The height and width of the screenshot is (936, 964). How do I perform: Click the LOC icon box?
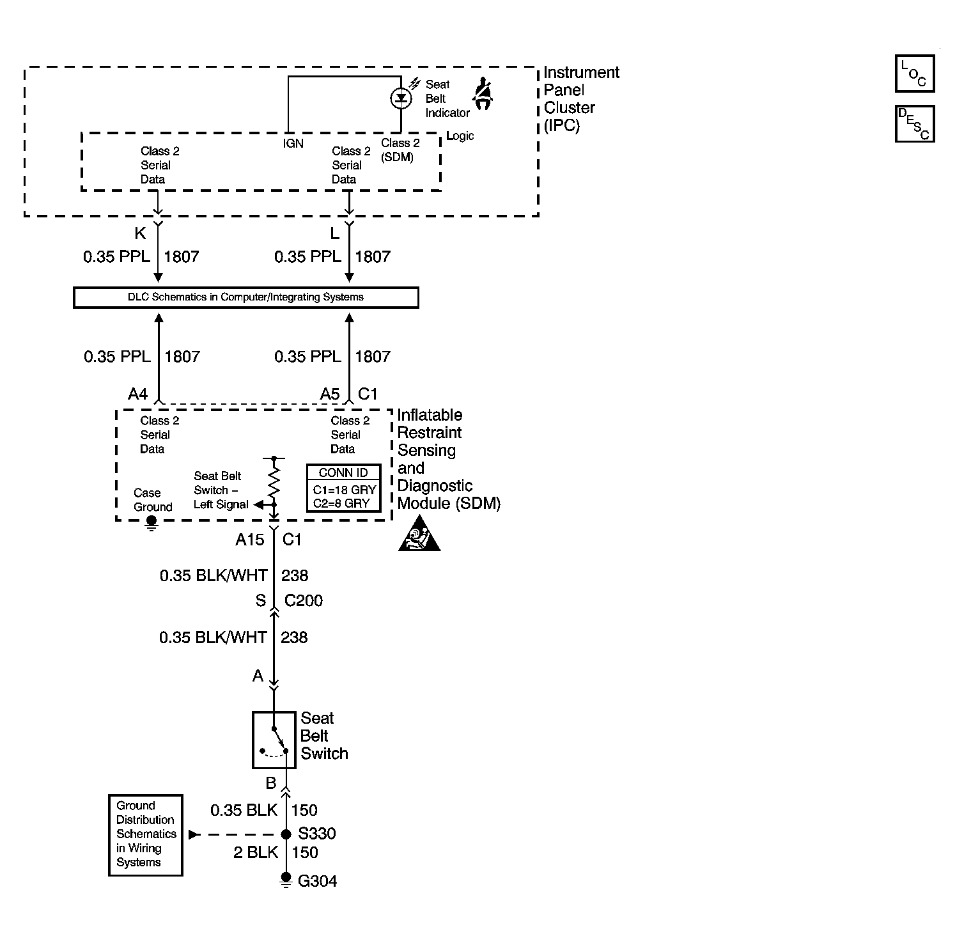pyautogui.click(x=914, y=74)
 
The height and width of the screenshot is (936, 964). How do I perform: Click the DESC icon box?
pyautogui.click(x=914, y=123)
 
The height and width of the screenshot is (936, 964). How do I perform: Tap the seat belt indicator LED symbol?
pyautogui.click(x=401, y=98)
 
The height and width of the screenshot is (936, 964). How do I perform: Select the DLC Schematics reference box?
pyautogui.click(x=246, y=297)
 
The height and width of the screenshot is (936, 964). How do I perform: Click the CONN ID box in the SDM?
pyautogui.click(x=344, y=488)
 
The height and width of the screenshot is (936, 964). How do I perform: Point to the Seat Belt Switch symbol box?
pyautogui.click(x=274, y=740)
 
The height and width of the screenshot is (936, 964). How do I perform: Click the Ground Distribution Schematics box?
pyautogui.click(x=146, y=834)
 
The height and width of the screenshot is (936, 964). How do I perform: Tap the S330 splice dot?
pyautogui.click(x=286, y=834)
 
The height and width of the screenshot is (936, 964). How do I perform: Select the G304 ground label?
pyautogui.click(x=318, y=881)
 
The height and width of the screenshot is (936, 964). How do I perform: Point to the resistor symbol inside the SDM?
pyautogui.click(x=274, y=485)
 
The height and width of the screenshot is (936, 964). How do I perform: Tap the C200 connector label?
pyautogui.click(x=304, y=600)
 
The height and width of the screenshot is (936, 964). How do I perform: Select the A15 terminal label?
pyautogui.click(x=249, y=540)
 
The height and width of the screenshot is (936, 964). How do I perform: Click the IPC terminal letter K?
pyautogui.click(x=140, y=233)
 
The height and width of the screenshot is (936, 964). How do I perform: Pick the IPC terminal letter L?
pyautogui.click(x=335, y=233)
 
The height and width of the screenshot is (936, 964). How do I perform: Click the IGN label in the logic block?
pyautogui.click(x=293, y=143)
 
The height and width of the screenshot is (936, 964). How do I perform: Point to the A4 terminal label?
pyautogui.click(x=138, y=394)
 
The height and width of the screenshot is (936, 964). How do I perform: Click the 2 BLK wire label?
pyautogui.click(x=256, y=852)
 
